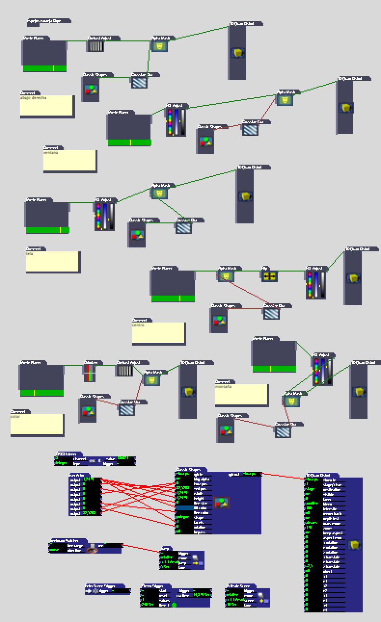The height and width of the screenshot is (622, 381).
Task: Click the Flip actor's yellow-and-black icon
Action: coord(270,276)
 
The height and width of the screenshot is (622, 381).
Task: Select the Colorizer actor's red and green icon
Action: coord(90,373)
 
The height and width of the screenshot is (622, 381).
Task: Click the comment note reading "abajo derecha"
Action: coord(47,105)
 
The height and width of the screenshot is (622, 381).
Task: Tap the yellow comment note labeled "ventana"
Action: coord(69,160)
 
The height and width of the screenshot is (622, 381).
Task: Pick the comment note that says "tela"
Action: coord(52,261)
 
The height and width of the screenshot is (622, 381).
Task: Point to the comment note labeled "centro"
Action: coord(158,333)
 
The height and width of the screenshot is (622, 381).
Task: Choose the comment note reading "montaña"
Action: coord(241,394)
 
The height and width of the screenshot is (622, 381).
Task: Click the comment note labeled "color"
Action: coord(37,425)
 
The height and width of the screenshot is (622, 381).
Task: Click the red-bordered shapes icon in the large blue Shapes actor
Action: coord(221,503)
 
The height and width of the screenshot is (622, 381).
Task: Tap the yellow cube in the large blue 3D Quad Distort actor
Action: coord(355,544)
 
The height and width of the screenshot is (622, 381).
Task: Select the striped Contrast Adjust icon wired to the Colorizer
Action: coord(125,370)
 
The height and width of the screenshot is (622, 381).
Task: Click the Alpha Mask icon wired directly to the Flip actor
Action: coord(225,276)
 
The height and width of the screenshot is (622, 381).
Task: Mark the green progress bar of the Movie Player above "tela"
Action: coord(47,230)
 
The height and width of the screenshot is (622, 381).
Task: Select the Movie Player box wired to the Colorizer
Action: coord(41,377)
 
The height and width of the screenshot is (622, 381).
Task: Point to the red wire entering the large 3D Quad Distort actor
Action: coord(285,476)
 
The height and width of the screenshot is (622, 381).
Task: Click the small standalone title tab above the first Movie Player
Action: coord(49,21)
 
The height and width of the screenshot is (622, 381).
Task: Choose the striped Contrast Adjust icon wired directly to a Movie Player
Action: coord(96,46)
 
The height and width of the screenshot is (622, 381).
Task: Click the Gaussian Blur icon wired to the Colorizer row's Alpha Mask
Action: coord(126,410)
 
